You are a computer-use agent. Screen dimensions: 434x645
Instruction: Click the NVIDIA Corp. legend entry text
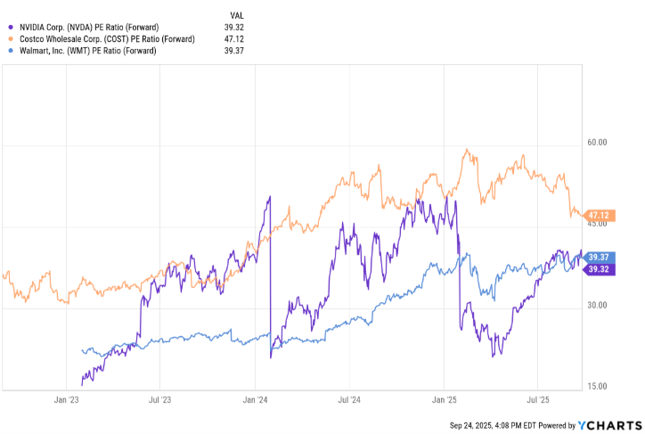pyautogui.click(x=89, y=27)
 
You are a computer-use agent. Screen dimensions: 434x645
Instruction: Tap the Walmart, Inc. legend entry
pyautogui.click(x=87, y=51)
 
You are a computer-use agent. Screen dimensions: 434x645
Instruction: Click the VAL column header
pyautogui.click(x=237, y=15)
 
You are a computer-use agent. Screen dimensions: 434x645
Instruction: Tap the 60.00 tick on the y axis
pyautogui.click(x=595, y=143)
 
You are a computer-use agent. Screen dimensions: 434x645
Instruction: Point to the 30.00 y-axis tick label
pyautogui.click(x=595, y=306)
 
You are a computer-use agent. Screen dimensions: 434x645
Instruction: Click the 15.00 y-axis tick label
pyautogui.click(x=595, y=387)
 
